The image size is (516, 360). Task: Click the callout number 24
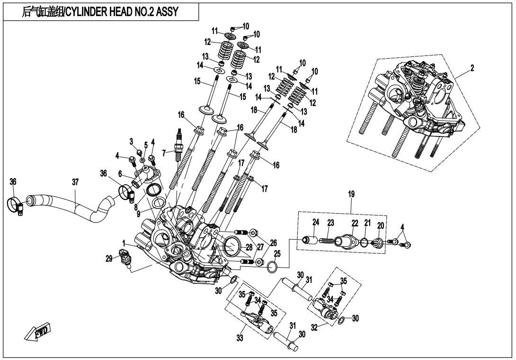tap(315, 222)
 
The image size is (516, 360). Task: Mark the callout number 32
tap(313, 327)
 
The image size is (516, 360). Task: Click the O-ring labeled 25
tap(273, 268)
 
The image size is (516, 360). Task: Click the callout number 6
tap(121, 174)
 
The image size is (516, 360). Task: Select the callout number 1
tap(124, 242)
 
